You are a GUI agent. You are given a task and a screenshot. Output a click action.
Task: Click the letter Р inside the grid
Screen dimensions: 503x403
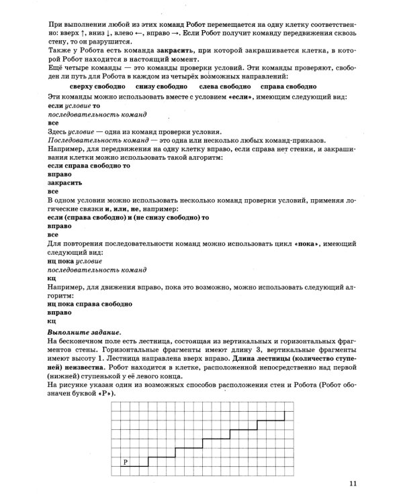tap(126, 462)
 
